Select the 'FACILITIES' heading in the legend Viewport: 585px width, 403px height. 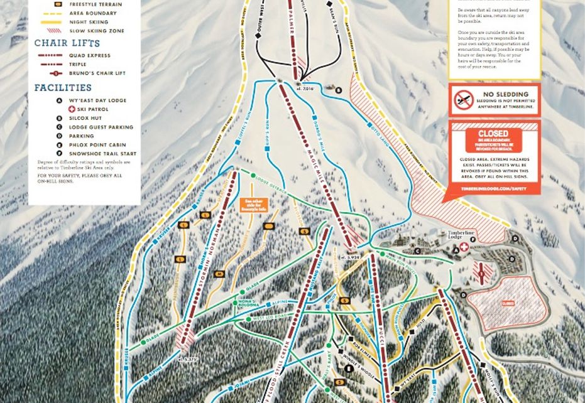tap(63, 88)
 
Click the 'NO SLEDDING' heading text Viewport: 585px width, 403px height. tap(503, 94)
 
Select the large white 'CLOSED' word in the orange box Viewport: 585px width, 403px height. tap(493, 134)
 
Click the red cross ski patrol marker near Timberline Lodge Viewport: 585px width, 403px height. tap(464, 248)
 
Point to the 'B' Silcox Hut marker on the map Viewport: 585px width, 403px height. tap(337, 90)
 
